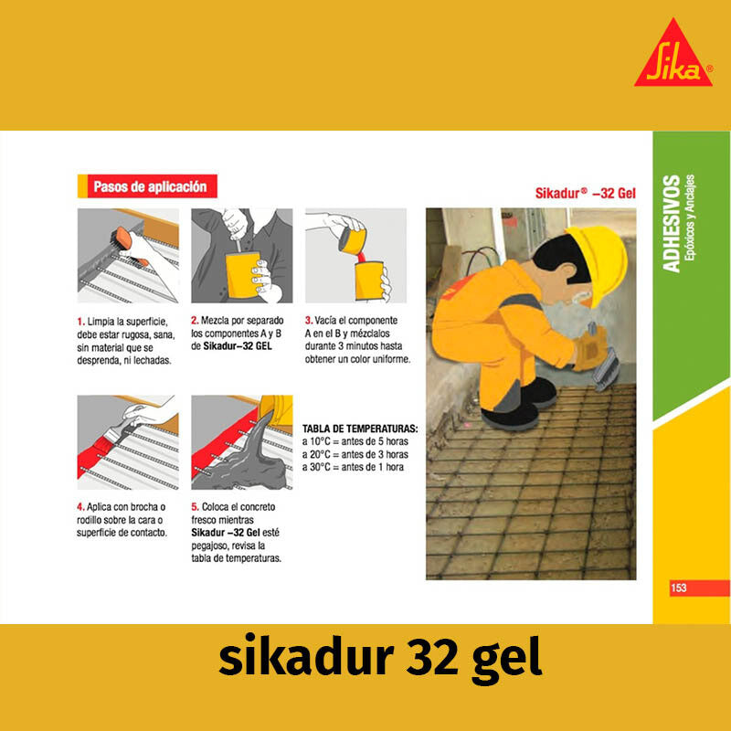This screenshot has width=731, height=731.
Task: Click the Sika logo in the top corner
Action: point(673,56)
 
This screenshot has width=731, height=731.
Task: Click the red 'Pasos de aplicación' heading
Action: point(149,186)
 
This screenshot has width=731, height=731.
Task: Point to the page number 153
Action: point(679,588)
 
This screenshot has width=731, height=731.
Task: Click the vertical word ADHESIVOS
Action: point(672,223)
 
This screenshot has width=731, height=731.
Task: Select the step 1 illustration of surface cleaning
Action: point(128,256)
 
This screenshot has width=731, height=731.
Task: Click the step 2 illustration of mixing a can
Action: point(241,256)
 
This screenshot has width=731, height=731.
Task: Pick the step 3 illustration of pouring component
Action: point(355,256)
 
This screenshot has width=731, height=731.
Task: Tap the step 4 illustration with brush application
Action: point(128,442)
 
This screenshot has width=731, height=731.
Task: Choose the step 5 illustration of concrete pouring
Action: point(241,442)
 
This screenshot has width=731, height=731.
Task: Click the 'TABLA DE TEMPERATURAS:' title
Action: point(360,429)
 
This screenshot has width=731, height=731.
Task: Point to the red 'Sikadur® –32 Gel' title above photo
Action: point(585,194)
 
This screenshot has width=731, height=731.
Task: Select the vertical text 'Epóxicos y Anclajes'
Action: point(692,223)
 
